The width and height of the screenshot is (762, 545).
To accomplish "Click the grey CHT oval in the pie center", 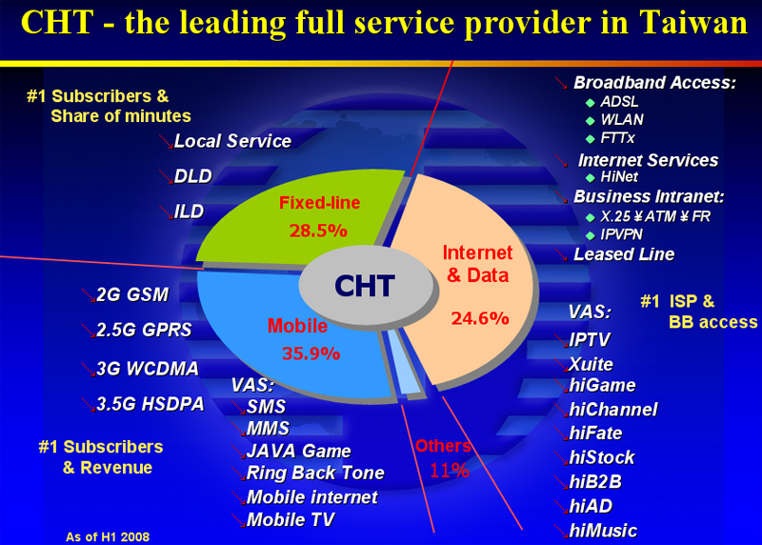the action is pos(366,285).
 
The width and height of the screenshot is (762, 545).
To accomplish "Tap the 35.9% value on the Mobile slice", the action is pos(311,353).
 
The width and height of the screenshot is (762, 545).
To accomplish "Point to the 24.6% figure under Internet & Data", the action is pos(480,318).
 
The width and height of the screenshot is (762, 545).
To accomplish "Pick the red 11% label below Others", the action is pos(450,470).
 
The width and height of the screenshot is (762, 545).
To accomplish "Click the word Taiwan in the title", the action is pos(693,22).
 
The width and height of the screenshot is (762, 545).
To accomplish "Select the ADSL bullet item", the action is pos(619,102).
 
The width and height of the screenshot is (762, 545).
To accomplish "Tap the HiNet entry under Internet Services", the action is pos(618,177).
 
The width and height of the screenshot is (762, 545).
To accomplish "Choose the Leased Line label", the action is pos(624,254).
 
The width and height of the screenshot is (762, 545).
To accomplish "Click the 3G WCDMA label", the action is pos(148,369).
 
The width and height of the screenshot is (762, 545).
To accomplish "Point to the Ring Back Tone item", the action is pos(315,473).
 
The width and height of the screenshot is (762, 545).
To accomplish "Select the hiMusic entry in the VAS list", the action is pos(603,531).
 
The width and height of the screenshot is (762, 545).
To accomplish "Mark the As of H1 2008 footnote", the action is pos(108,536).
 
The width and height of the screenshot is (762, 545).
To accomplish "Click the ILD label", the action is pos(189,212).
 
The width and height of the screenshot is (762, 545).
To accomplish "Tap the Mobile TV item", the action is pos(291,519).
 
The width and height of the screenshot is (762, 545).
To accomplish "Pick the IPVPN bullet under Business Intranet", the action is pos(622,234).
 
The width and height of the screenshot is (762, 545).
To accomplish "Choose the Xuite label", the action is pos(591,364).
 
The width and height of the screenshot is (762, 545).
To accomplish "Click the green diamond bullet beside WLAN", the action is pos(591,121).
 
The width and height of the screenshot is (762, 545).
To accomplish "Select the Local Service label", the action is pos(232,141).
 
